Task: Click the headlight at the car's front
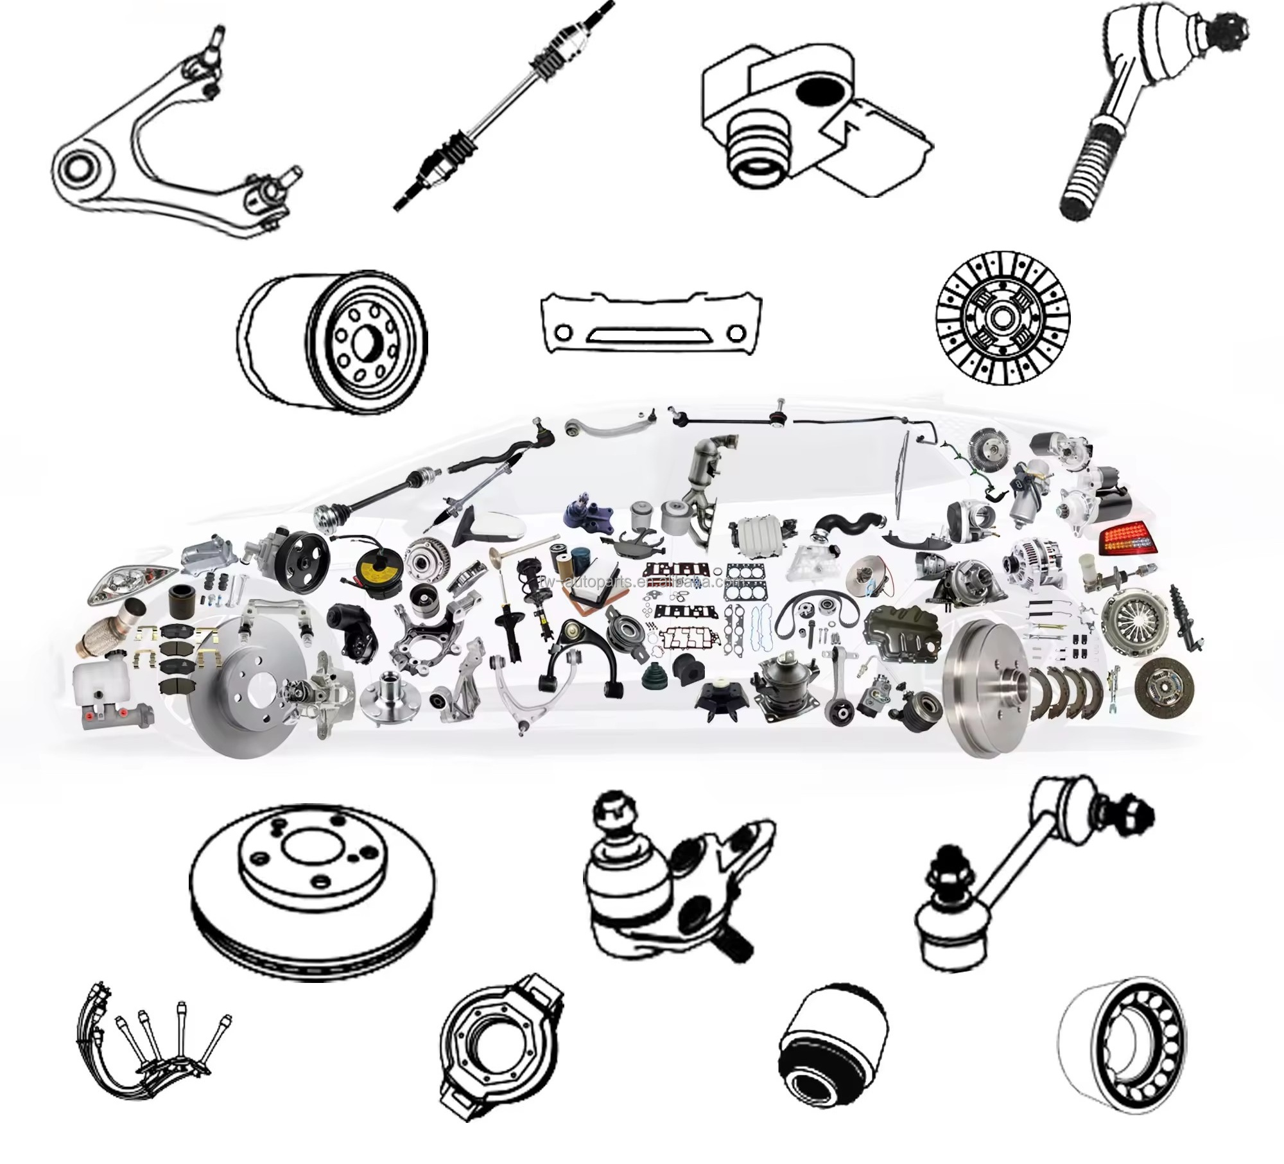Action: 132,584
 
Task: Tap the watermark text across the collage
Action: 642,582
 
